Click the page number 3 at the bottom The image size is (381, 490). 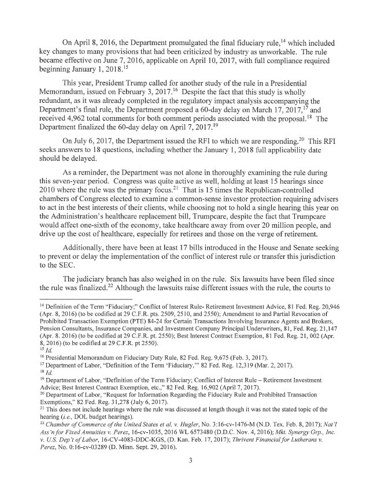[190, 463]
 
